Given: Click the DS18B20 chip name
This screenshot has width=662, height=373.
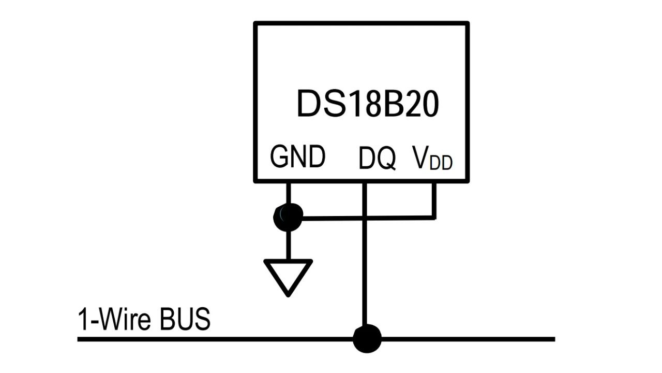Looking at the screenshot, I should pyautogui.click(x=368, y=104).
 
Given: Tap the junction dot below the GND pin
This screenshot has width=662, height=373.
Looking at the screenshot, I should pyautogui.click(x=288, y=218).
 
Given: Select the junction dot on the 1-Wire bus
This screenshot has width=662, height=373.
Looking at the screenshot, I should pyautogui.click(x=367, y=339).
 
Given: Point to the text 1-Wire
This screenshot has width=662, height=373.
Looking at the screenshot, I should pyautogui.click(x=113, y=319).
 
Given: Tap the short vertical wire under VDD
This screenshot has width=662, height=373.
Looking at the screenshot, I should pyautogui.click(x=434, y=200).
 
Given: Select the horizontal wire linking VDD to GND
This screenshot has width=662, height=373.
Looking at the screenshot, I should pyautogui.click(x=367, y=218).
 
